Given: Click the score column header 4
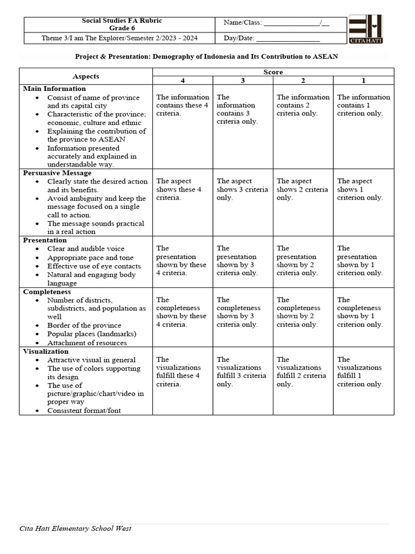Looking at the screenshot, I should pyautogui.click(x=183, y=80).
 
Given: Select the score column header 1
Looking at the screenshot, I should pyautogui.click(x=364, y=80).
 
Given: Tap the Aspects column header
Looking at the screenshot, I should pyautogui.click(x=86, y=76).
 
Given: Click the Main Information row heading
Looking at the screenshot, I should pyautogui.click(x=54, y=89).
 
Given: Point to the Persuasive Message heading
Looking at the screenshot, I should pyautogui.click(x=57, y=173).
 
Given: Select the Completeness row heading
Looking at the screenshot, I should pyautogui.click(x=46, y=292).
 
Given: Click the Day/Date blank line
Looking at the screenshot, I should pyautogui.click(x=287, y=39).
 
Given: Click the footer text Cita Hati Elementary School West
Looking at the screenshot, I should pyautogui.click(x=75, y=528).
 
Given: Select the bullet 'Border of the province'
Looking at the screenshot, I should pyautogui.click(x=84, y=326).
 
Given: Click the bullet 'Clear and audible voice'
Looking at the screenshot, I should pyautogui.click(x=85, y=249).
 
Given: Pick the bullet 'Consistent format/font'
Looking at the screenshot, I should pyautogui.click(x=84, y=411).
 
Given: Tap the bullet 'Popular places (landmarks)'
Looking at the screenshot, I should pyautogui.click(x=92, y=334).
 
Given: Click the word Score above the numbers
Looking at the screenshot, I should pyautogui.click(x=273, y=72).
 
